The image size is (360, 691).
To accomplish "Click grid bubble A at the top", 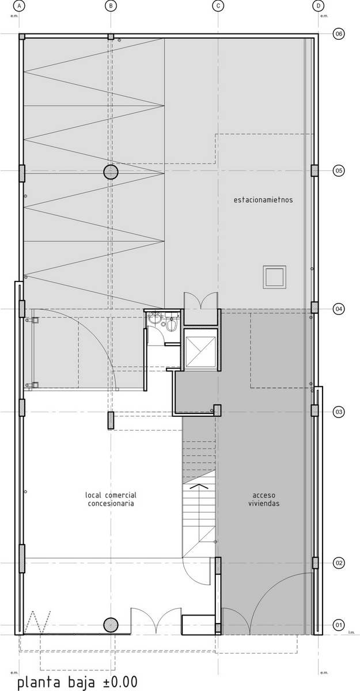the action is tap(20, 6).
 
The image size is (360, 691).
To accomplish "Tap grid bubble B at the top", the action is tap(111, 6).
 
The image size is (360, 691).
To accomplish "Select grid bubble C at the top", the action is tap(218, 6).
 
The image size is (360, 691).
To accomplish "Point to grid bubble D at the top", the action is tap(318, 6).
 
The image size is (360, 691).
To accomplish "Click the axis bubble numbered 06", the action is tap(339, 33).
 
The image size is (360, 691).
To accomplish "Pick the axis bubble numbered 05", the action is tap(339, 170).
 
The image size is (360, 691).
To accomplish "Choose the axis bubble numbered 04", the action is tap(339, 309).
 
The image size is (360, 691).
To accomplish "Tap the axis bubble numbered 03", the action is tap(339, 412).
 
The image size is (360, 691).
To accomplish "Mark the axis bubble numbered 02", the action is tap(339, 563).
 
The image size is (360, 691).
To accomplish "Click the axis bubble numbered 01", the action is tap(339, 625).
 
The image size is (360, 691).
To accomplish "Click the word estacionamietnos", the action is tap(263, 200).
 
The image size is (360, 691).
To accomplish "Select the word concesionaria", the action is tap(111, 503).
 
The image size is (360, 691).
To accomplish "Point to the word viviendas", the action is tap(264, 503).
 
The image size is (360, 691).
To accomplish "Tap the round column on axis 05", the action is tap(111, 172).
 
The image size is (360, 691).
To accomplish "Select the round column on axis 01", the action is tap(111, 625).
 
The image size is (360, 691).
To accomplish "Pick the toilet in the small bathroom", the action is tap(172, 325).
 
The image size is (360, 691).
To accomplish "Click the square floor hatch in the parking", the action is tap(274, 277).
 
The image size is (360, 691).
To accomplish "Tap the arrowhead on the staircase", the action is tap(199, 487).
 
